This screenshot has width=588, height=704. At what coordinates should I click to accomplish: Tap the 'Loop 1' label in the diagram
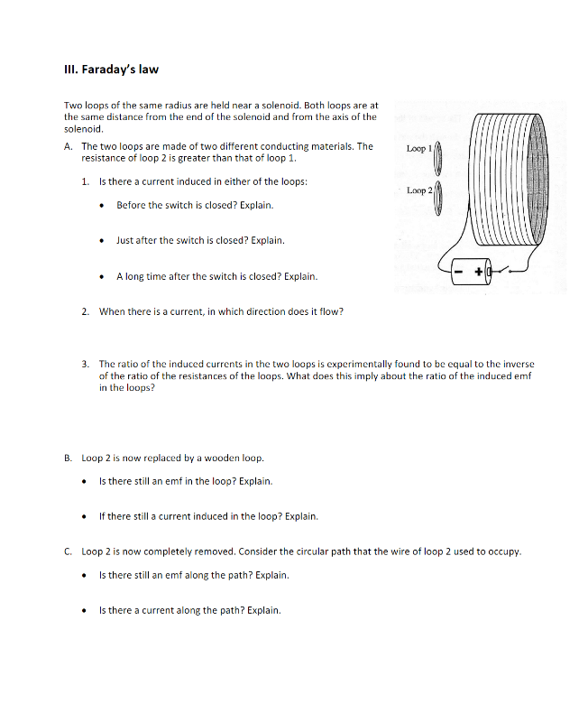point(419,148)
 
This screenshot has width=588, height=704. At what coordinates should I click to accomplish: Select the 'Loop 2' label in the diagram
point(419,190)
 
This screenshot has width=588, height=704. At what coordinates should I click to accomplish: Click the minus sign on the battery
point(460,269)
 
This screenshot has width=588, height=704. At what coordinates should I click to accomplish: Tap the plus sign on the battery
point(478,269)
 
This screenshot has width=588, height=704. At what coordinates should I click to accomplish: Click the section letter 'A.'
point(69,146)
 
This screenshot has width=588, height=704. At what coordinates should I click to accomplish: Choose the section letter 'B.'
point(69,458)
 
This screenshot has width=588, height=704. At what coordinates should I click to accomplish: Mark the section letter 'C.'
point(69,551)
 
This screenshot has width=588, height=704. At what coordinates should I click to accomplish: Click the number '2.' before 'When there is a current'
point(85,312)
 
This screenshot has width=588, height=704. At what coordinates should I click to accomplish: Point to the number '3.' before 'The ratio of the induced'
point(85,364)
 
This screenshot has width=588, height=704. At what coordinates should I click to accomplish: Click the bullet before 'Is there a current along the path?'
point(86,611)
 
